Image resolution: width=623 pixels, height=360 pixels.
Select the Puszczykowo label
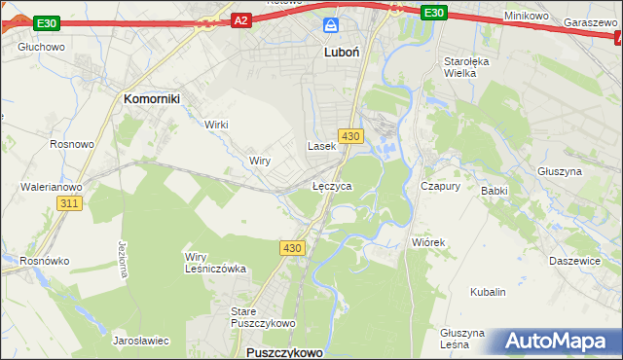click(x=284, y=352)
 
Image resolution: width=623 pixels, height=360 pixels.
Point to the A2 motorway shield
click(x=242, y=18)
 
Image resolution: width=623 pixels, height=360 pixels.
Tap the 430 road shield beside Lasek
click(x=351, y=135)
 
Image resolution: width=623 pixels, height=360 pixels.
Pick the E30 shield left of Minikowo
click(x=434, y=13)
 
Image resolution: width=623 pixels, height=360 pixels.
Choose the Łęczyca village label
click(x=332, y=185)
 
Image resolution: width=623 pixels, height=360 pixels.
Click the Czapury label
click(x=439, y=185)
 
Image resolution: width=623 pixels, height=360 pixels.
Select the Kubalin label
click(x=488, y=292)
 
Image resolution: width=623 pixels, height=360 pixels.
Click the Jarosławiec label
click(x=141, y=342)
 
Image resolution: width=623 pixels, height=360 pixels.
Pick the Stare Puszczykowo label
click(x=255, y=317)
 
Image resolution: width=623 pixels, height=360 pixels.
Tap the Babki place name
click(x=495, y=191)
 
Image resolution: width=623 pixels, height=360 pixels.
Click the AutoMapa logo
click(x=556, y=341)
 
